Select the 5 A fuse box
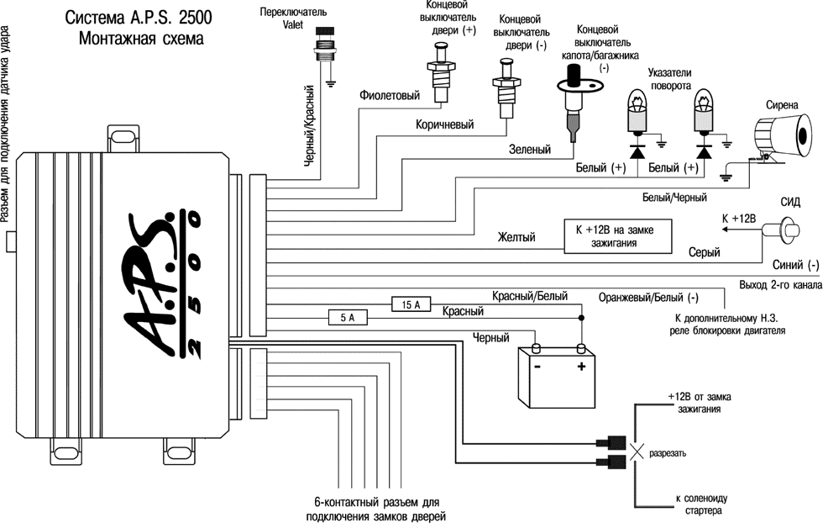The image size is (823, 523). coord(347,319)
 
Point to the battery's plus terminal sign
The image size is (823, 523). coord(579,369)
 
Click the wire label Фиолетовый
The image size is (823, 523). coord(389,96)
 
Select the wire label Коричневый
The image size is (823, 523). coord(444,124)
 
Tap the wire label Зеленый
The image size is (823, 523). coord(530,150)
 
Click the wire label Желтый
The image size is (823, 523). coord(516,238)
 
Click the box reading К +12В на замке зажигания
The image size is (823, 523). coord(616,236)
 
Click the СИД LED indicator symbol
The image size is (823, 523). coord(789,227)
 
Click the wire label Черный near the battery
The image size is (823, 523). coord(491,338)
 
